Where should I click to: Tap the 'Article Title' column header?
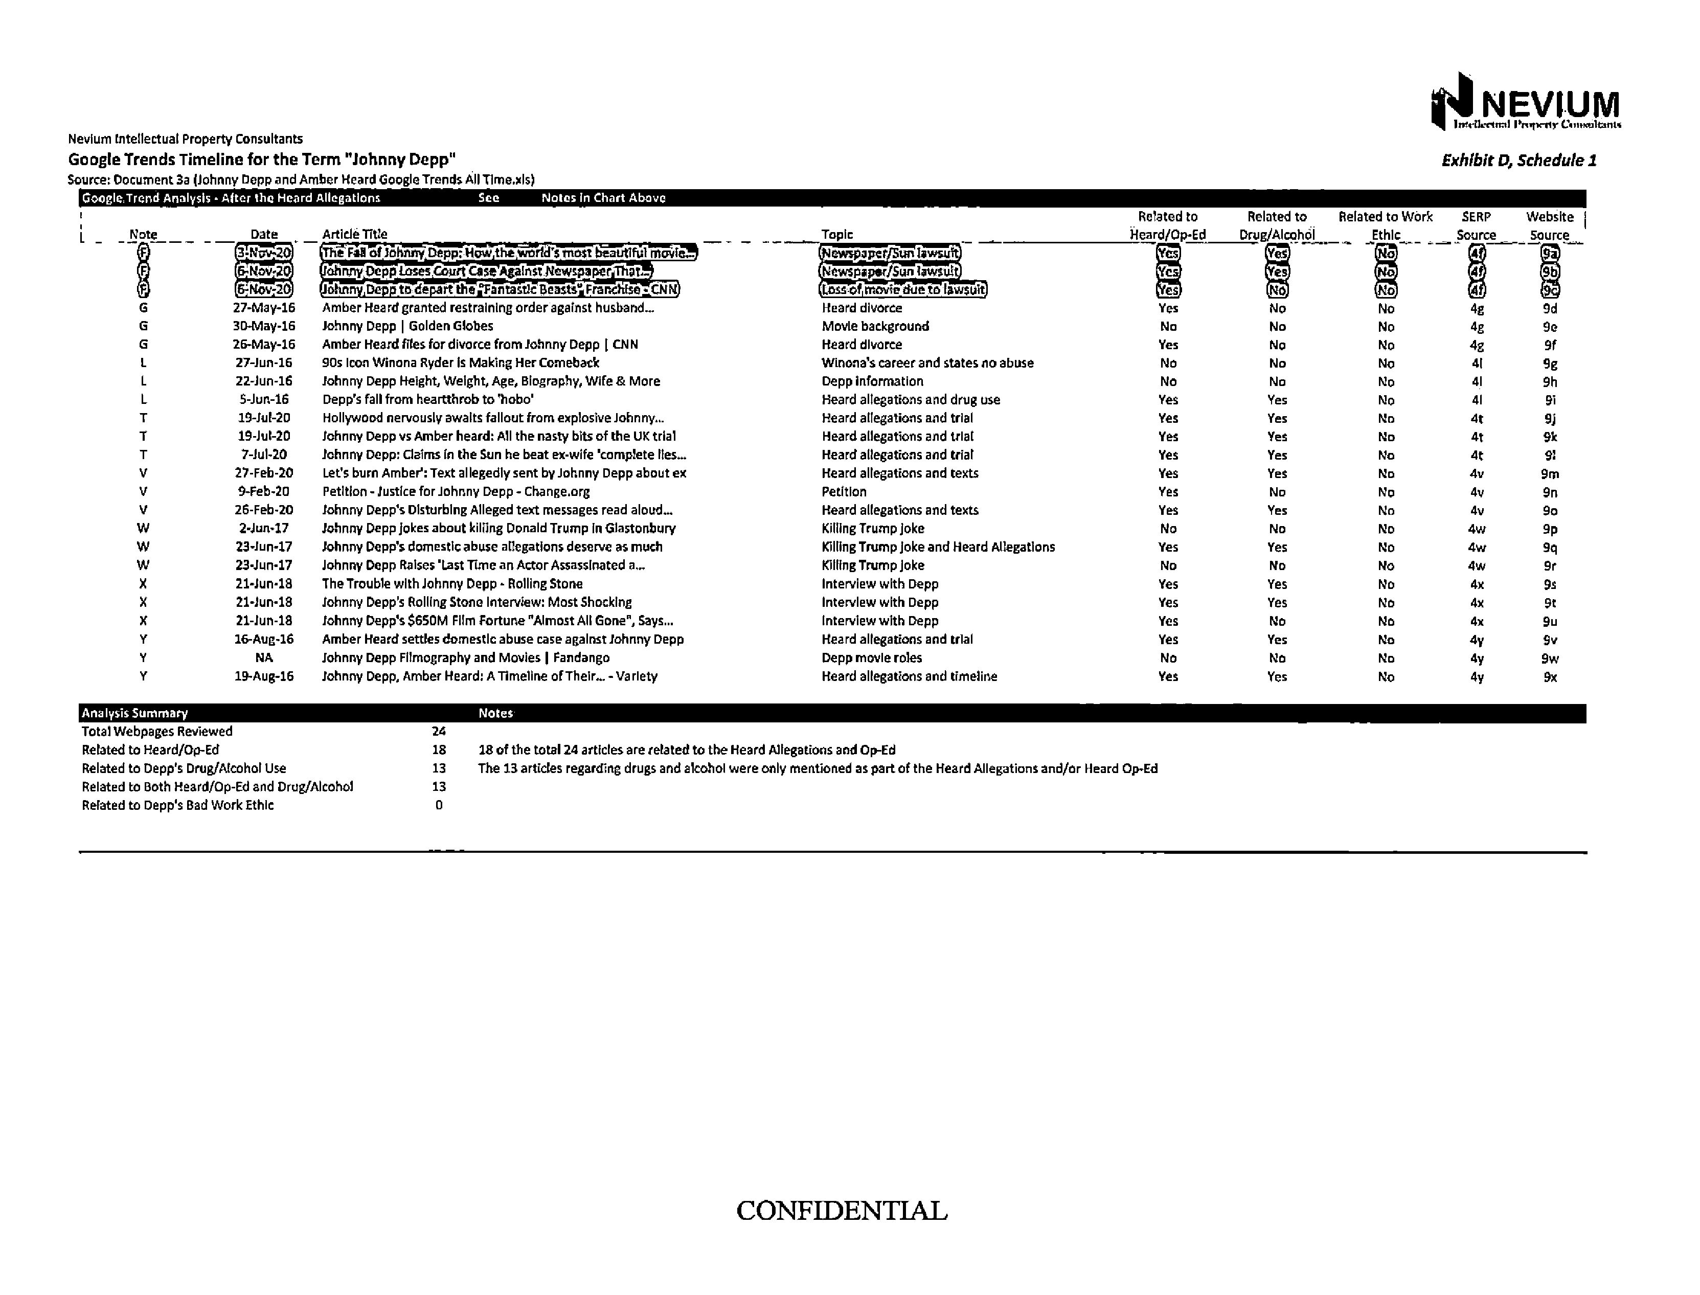click(x=355, y=234)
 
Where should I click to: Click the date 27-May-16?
click(x=264, y=308)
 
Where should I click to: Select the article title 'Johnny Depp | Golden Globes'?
click(x=407, y=326)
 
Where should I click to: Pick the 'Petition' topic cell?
click(x=844, y=492)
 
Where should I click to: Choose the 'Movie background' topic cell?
click(x=875, y=326)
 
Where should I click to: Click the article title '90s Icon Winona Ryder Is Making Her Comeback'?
click(x=460, y=363)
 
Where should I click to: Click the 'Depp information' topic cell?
click(x=872, y=381)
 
